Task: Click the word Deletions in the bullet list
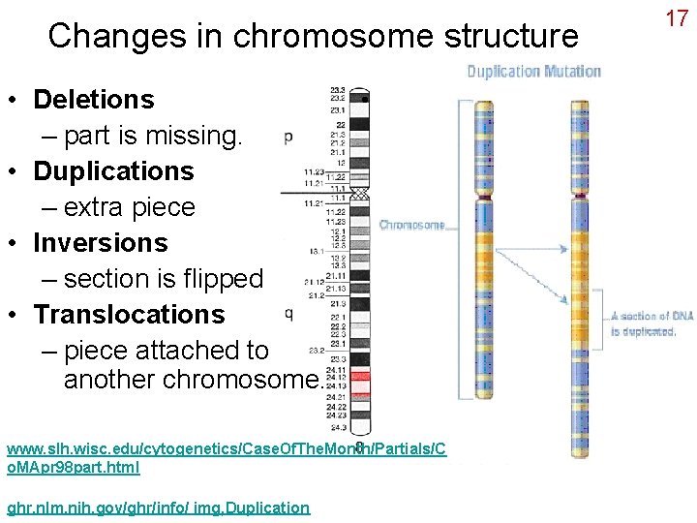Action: click(93, 99)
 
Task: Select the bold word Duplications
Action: click(113, 170)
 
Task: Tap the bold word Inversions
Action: click(100, 242)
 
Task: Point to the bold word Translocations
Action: click(129, 314)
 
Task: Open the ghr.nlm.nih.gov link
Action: click(158, 508)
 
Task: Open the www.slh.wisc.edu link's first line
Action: click(226, 449)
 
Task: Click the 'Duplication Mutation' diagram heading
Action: click(533, 71)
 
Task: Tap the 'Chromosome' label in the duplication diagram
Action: click(411, 225)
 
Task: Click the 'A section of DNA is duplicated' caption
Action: click(652, 323)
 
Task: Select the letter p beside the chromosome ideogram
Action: click(288, 138)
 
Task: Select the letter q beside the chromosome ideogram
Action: click(288, 312)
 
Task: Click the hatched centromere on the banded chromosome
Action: click(359, 193)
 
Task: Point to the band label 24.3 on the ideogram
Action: click(338, 426)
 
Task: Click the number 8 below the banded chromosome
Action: click(359, 447)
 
